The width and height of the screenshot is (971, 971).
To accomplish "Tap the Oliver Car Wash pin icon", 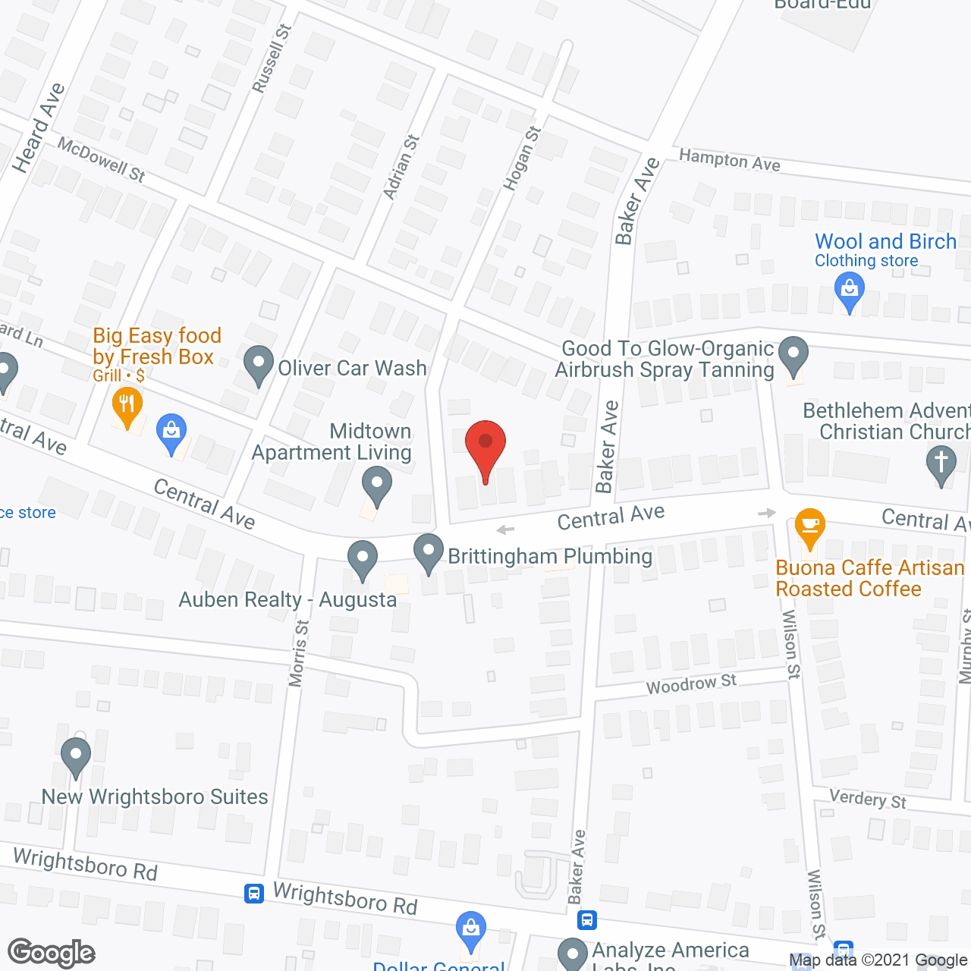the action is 259,365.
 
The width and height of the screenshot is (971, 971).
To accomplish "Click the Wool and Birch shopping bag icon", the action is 849,292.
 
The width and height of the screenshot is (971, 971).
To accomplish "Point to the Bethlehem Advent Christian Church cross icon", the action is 941,464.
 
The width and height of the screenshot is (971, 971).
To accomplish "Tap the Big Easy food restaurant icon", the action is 127,406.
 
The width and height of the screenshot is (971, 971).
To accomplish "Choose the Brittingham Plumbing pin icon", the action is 429,553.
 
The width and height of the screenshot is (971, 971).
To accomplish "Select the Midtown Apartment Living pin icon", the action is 376,485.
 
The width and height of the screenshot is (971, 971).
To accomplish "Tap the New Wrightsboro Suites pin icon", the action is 75,756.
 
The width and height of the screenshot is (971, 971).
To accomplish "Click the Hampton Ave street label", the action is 729,160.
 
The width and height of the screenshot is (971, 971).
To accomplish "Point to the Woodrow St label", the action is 691,683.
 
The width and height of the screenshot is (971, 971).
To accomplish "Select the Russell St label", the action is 272,58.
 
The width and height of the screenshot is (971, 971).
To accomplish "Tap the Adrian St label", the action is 401,167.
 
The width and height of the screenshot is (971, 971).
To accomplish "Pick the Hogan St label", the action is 522,158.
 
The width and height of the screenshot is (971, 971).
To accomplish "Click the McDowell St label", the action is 101,159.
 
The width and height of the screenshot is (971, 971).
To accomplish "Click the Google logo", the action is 52,953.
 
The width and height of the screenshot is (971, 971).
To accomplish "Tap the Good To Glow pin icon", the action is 793,357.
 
